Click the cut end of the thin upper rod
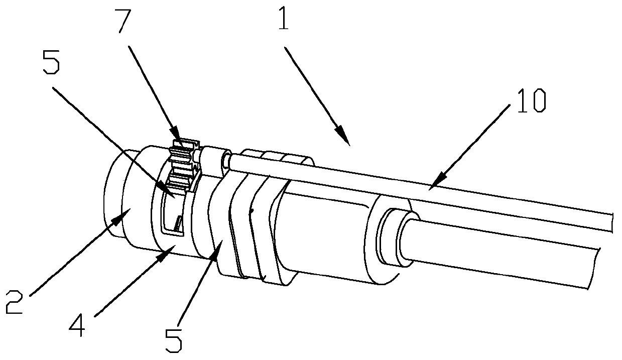pos(613,221)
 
